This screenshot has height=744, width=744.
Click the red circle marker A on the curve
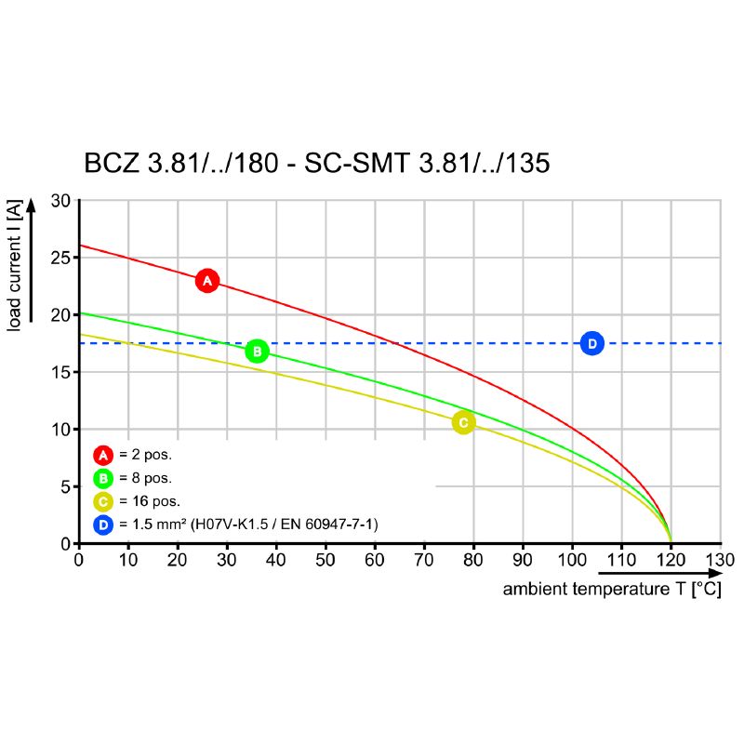[207, 280]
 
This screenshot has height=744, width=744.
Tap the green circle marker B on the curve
[257, 351]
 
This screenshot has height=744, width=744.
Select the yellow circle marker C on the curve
[463, 422]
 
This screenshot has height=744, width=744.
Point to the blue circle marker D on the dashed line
[591, 343]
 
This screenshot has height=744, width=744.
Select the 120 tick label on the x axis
[671, 561]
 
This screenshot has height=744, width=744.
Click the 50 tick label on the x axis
[325, 561]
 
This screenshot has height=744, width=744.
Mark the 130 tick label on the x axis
[720, 561]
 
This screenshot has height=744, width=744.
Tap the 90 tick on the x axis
[523, 561]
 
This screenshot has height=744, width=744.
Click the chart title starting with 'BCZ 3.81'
[317, 164]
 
